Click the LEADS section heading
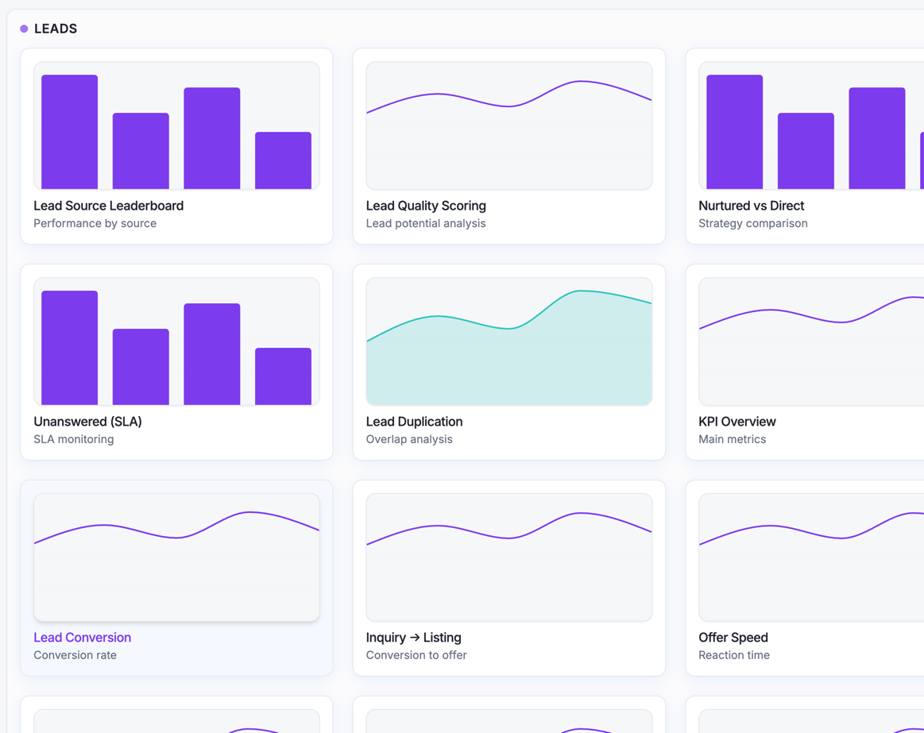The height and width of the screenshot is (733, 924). tap(56, 29)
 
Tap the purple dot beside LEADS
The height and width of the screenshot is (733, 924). tap(24, 29)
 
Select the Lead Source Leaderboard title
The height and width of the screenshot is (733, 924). tap(108, 206)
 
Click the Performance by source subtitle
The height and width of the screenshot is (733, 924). tap(95, 223)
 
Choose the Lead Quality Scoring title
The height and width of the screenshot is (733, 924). tap(426, 206)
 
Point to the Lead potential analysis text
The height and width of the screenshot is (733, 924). tap(425, 223)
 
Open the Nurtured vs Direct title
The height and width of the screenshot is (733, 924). tap(751, 206)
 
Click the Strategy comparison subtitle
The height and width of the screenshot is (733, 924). tap(752, 223)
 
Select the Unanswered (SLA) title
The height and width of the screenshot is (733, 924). tap(87, 422)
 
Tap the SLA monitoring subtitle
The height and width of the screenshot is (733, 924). tap(73, 439)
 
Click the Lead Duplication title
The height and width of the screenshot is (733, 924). tap(414, 422)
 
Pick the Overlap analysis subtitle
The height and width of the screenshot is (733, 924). tap(408, 439)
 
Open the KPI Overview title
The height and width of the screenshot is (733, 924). tap(736, 422)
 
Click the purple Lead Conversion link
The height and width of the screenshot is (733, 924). tap(82, 638)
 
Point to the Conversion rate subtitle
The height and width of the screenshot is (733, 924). tap(75, 655)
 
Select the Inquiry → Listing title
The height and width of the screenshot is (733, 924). tap(413, 638)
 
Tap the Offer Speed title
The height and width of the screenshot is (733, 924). tap(733, 638)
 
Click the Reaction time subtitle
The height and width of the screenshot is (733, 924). tap(733, 655)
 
